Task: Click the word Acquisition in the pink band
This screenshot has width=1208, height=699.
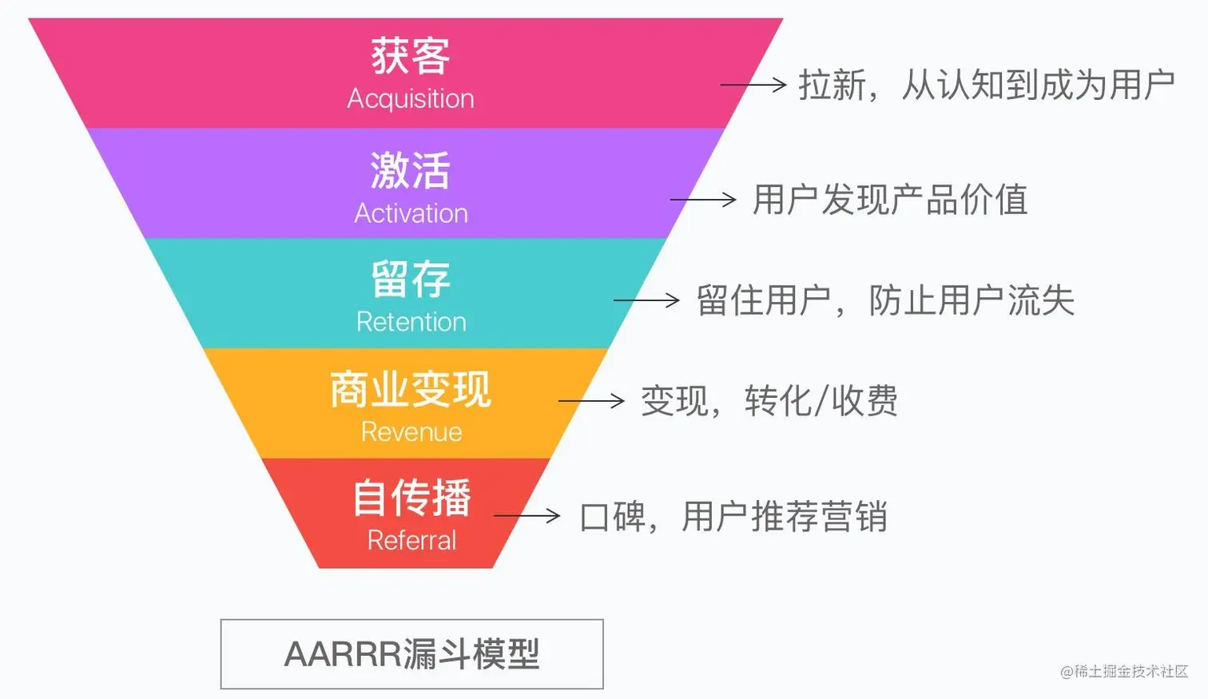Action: pos(411,99)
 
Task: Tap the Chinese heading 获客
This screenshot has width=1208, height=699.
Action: pos(411,56)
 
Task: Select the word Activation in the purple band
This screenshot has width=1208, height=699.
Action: pos(411,213)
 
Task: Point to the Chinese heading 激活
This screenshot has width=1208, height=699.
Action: pos(411,170)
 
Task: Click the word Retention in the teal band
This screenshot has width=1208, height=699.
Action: pos(411,322)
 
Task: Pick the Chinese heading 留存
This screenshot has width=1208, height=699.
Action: pos(411,280)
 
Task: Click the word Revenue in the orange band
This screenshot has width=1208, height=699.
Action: pos(411,432)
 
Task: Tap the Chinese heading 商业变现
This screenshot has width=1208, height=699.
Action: pos(411,389)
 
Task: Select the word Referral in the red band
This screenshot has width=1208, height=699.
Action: pos(411,541)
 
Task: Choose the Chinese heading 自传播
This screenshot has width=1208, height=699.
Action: pos(411,498)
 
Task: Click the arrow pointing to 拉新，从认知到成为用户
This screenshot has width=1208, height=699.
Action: pos(753,85)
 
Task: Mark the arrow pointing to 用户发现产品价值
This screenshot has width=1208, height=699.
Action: pos(703,200)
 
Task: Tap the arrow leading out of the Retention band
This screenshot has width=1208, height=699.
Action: pos(646,300)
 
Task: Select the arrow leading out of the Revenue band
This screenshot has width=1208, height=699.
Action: pos(591,400)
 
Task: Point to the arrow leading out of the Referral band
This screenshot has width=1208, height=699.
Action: pos(527,516)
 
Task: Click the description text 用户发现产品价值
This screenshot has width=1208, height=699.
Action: pos(890,200)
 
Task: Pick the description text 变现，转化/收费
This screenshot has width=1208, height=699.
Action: pos(769,401)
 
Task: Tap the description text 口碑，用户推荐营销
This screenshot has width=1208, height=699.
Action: pos(733,517)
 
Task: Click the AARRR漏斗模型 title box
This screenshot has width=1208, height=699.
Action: pos(411,654)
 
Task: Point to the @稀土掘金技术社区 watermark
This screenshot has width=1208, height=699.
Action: pos(1124,672)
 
